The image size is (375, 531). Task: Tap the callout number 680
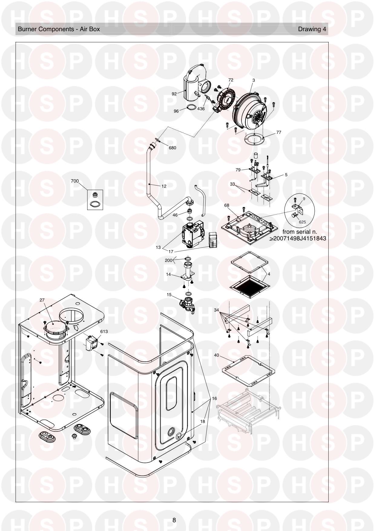[172, 148]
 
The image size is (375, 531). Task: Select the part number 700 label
[74, 181]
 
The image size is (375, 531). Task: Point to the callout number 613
[104, 331]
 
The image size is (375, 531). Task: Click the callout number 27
[42, 300]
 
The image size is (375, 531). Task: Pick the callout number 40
[216, 355]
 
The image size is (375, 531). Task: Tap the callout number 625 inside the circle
[302, 222]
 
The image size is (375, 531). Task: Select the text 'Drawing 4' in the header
[312, 29]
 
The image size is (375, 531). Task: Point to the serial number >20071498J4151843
[298, 238]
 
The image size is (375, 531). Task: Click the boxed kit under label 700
[95, 200]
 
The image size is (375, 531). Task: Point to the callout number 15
[169, 294]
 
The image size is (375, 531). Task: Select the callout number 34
[216, 310]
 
